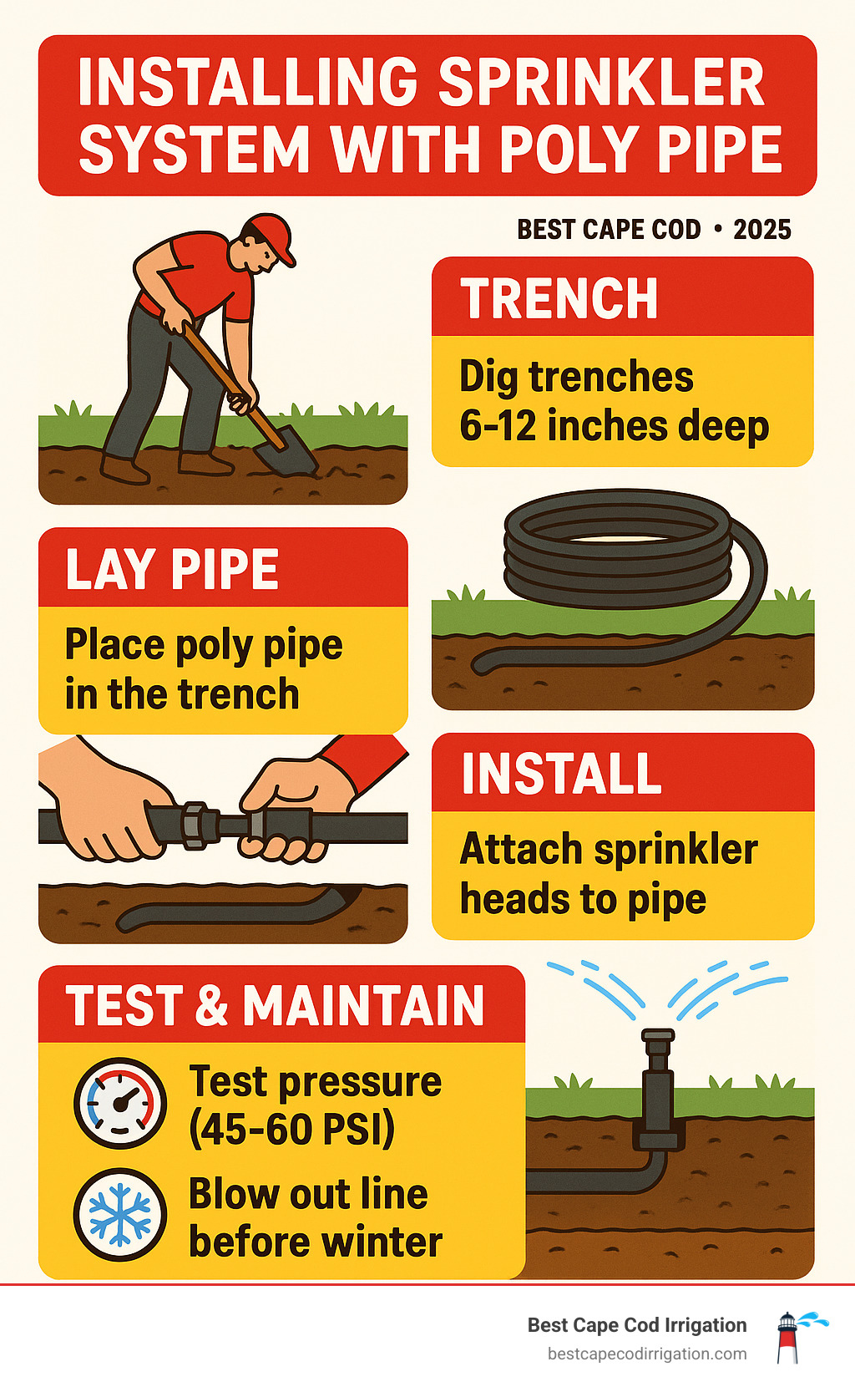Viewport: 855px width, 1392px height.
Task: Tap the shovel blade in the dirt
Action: [x=288, y=456]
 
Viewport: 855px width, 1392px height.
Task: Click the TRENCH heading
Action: [x=559, y=299]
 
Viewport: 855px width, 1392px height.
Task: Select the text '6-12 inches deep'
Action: [x=614, y=426]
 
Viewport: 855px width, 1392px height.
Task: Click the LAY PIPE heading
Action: [x=172, y=570]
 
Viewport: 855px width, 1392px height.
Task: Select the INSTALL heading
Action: [x=561, y=774]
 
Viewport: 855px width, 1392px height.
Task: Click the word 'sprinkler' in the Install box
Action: [x=675, y=850]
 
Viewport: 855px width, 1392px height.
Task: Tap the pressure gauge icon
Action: [x=120, y=1103]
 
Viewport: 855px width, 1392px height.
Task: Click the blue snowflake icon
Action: [x=120, y=1214]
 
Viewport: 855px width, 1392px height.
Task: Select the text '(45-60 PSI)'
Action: [x=291, y=1130]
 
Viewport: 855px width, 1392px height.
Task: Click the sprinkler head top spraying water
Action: [x=657, y=1040]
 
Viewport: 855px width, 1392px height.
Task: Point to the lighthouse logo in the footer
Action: [x=787, y=1337]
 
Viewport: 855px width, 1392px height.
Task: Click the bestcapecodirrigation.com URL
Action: [x=646, y=1354]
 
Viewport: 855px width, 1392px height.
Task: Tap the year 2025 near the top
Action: [x=761, y=230]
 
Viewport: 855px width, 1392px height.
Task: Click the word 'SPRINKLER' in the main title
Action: [x=600, y=83]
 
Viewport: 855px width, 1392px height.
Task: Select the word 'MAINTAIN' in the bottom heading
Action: [x=363, y=1005]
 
